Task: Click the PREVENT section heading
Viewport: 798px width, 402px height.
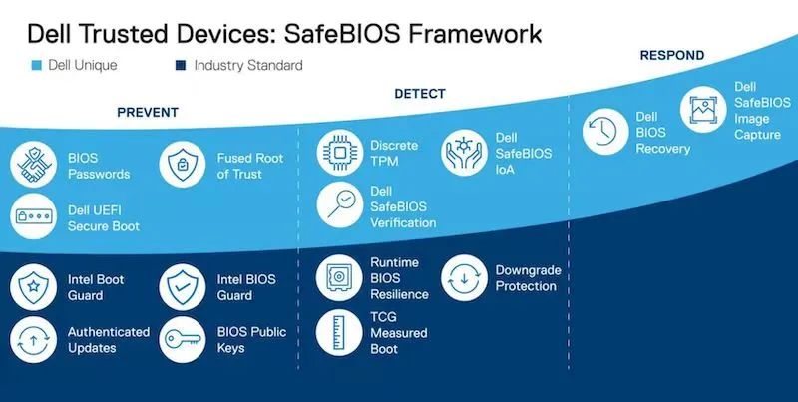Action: coord(148,112)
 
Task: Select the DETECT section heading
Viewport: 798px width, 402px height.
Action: coord(420,94)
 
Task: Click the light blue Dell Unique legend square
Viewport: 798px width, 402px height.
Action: coord(36,66)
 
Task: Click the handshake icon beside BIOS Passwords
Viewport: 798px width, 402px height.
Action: coord(33,166)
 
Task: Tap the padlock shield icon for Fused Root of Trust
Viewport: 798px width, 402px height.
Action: coord(183,166)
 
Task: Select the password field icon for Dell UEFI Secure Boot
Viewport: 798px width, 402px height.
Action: coord(33,216)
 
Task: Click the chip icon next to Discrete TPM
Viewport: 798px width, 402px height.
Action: coord(339,153)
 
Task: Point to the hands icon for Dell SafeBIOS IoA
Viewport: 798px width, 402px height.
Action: coord(465,152)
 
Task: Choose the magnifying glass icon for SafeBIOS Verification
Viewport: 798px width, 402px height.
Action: coord(339,204)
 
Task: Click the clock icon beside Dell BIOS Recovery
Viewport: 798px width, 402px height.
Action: coord(604,134)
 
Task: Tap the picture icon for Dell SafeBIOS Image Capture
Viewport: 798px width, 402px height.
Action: coord(704,109)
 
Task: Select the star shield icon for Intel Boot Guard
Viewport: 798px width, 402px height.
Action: coord(33,287)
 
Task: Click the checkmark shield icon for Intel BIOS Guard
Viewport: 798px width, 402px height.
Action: coord(183,287)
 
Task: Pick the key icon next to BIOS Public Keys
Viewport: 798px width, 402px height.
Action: coord(183,338)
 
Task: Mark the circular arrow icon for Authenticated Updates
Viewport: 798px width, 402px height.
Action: coord(33,338)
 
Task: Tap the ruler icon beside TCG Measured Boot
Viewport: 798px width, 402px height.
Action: coord(339,332)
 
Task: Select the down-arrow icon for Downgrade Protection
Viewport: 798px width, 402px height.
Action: coord(465,277)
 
